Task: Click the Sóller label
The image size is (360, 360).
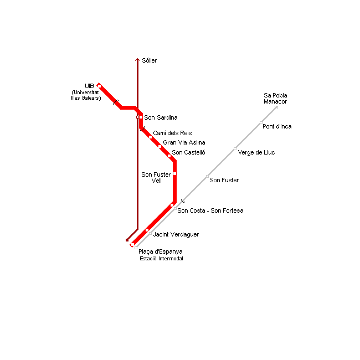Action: coord(149,60)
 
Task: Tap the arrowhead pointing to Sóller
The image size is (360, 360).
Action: coord(137,60)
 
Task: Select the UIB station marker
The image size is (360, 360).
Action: coord(99,86)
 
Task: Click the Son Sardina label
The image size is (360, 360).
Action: coord(161,117)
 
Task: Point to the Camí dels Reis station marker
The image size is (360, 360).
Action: coord(151,137)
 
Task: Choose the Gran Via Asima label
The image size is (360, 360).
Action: coord(184,142)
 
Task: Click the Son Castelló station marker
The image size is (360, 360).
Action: coord(169,156)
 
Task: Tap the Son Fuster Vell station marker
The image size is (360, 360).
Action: coord(174,173)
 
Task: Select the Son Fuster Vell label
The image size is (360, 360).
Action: coord(156,177)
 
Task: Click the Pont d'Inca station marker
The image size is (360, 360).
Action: coord(261,122)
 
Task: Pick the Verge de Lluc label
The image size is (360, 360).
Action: coord(256,152)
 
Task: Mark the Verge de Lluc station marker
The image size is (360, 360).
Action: coord(235,149)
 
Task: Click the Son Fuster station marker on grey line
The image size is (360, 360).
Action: coord(207,176)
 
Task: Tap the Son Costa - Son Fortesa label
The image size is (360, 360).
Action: coord(210,210)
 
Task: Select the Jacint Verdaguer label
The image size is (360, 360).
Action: coord(176,234)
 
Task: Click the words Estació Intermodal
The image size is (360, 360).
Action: coord(161,259)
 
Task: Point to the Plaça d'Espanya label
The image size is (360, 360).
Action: coord(161,251)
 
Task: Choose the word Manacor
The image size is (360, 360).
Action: coord(275,101)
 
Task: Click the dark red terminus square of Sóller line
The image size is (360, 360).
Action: coord(127,240)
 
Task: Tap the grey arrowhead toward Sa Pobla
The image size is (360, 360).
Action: coord(276,107)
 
